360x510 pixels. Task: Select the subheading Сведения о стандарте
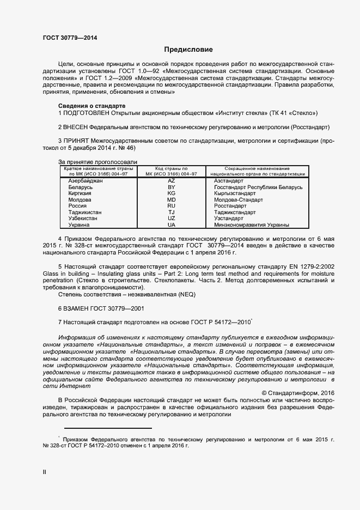[x=91, y=105]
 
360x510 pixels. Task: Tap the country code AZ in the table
[x=172, y=180]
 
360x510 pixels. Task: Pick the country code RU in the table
[x=172, y=206]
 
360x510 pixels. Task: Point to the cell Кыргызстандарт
[x=235, y=193]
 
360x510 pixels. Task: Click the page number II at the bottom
[x=45, y=472]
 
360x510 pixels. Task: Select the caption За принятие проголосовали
[x=97, y=162]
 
